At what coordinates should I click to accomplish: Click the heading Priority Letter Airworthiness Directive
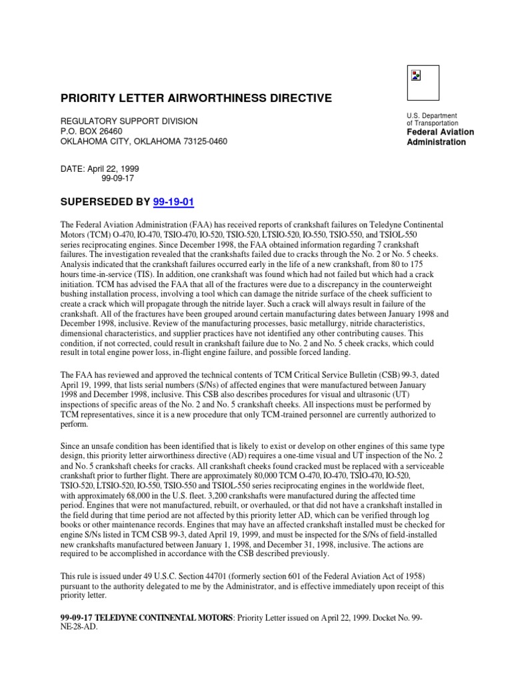196,99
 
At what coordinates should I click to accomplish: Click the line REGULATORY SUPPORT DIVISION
129,122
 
